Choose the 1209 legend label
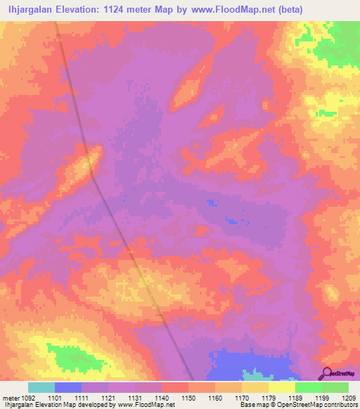(x=349, y=398)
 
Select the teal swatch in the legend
(x=41, y=387)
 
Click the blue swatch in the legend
(x=68, y=387)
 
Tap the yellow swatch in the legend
(x=282, y=387)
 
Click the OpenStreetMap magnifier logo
(x=327, y=373)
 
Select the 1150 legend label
(x=188, y=398)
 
